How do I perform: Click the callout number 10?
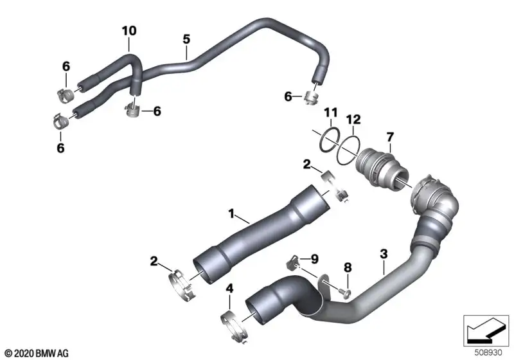click(129, 31)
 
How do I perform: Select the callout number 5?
click(186, 39)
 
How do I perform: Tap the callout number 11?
click(330, 113)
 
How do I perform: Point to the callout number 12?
click(354, 120)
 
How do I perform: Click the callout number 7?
click(390, 137)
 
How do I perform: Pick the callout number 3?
click(384, 253)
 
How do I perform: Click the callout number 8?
click(348, 267)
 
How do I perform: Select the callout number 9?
click(314, 259)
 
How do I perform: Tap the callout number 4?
click(230, 289)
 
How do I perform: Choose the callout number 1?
click(231, 214)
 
